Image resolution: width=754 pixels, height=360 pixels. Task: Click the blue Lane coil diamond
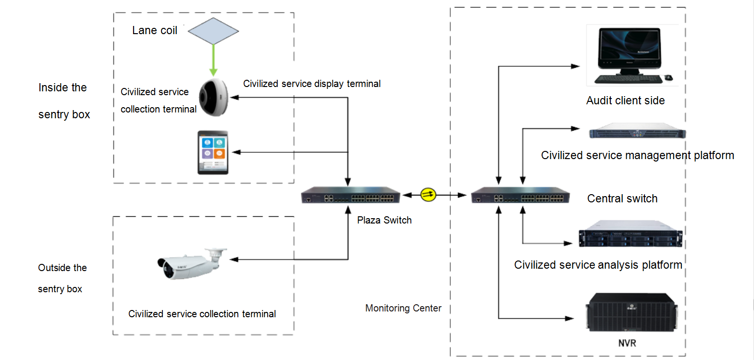click(213, 31)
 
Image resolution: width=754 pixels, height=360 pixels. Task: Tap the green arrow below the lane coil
click(213, 60)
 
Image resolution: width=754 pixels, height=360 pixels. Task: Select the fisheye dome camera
click(214, 98)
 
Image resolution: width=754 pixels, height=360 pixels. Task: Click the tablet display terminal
click(213, 152)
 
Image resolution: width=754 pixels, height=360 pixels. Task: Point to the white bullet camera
click(191, 263)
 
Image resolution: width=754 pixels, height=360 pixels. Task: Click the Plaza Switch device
click(350, 196)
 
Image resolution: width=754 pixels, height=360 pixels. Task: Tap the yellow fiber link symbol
click(428, 195)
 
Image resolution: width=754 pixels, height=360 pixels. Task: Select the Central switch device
click(520, 196)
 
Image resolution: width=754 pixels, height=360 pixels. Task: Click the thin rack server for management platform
click(637, 132)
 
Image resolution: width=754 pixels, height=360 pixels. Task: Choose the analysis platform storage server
click(630, 235)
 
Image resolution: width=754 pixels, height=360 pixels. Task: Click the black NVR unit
click(631, 312)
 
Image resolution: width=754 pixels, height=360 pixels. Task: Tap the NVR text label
click(627, 343)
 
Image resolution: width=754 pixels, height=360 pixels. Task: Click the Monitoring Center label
click(403, 308)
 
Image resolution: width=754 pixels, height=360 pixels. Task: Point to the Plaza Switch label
click(384, 220)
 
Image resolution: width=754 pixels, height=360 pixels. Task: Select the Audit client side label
click(625, 100)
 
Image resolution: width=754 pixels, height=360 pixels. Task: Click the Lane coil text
click(155, 30)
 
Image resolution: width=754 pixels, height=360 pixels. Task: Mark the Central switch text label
click(622, 199)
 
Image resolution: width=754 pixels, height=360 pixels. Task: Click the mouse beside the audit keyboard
click(668, 77)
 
